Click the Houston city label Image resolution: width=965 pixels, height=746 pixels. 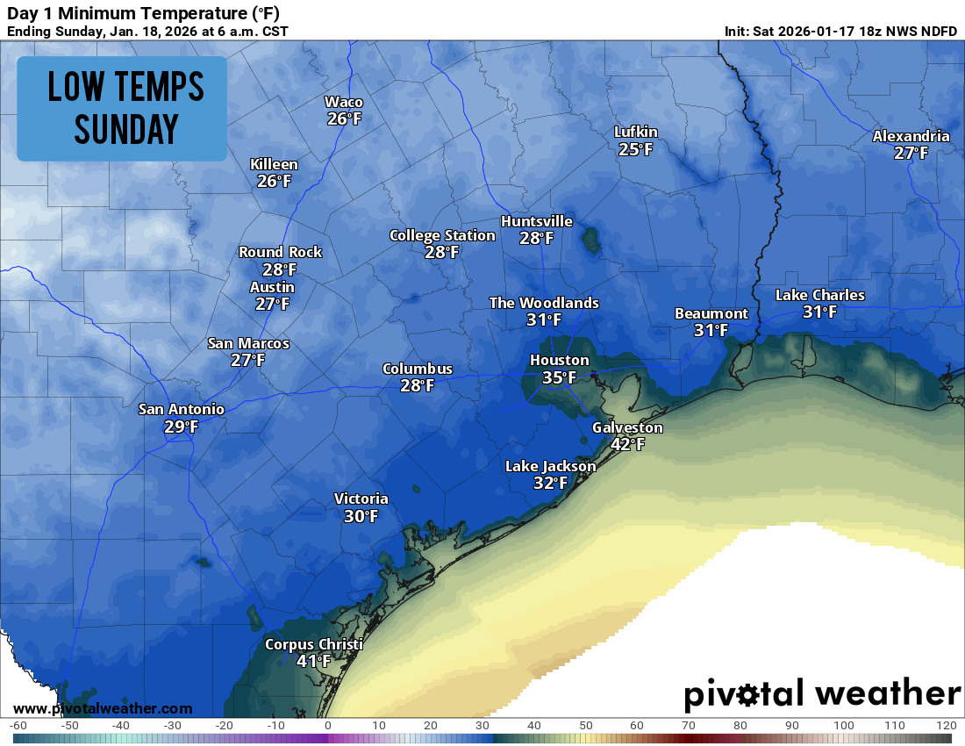559,360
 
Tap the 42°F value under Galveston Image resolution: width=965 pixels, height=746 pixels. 627,445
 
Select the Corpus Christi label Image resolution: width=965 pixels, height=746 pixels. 313,644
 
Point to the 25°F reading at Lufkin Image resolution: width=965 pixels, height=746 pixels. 635,149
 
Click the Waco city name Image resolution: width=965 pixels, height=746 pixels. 344,102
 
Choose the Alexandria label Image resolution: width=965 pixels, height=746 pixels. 911,136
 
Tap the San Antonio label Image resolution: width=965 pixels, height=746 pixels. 182,409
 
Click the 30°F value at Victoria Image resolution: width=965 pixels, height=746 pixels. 361,516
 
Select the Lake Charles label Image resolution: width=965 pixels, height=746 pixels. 819,295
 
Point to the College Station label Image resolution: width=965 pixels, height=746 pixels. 442,235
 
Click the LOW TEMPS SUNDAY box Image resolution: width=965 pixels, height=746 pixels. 123,108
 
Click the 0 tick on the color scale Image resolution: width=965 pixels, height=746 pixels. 327,726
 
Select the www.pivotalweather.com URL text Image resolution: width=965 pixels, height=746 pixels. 103,708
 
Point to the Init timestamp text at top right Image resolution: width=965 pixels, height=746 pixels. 840,31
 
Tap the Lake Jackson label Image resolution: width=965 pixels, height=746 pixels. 550,466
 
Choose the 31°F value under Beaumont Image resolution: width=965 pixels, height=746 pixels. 711,330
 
